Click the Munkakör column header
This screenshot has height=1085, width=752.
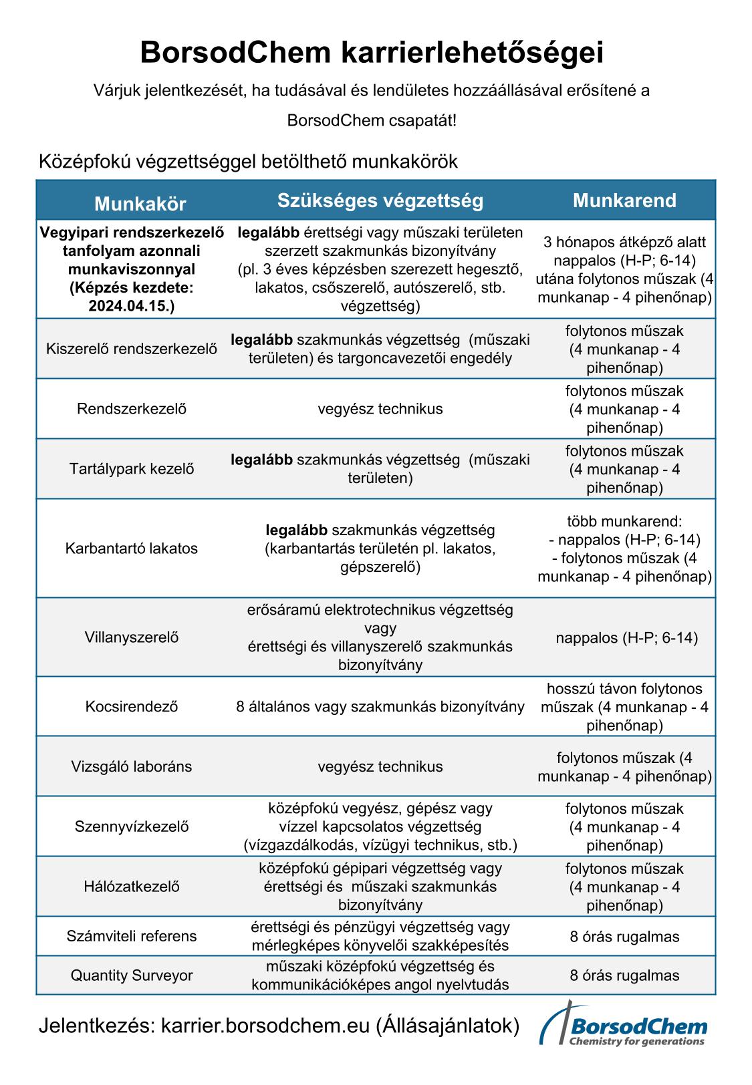click(x=140, y=203)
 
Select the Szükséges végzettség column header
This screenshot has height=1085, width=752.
click(x=380, y=200)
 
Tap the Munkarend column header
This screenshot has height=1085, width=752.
click(x=624, y=200)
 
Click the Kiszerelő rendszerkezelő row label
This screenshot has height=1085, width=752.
click(x=132, y=349)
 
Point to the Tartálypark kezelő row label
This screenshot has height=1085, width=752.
click(x=132, y=469)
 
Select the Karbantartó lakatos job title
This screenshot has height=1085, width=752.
click(x=132, y=549)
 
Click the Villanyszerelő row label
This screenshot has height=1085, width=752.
click(x=132, y=637)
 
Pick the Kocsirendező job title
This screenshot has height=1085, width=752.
click(x=132, y=707)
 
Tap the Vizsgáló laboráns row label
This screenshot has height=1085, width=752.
click(x=132, y=766)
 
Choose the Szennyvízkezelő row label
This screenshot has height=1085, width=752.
click(x=132, y=826)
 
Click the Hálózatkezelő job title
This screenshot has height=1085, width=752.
click(x=132, y=887)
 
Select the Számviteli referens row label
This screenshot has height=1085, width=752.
click(x=132, y=936)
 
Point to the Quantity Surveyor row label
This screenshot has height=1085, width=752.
click(x=132, y=975)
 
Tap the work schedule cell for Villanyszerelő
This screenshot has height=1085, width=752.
click(x=626, y=638)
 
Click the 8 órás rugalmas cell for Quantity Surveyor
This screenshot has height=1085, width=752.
click(x=624, y=975)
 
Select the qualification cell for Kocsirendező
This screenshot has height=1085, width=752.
click(x=380, y=707)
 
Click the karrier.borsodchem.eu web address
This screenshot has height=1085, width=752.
click(x=265, y=1026)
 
